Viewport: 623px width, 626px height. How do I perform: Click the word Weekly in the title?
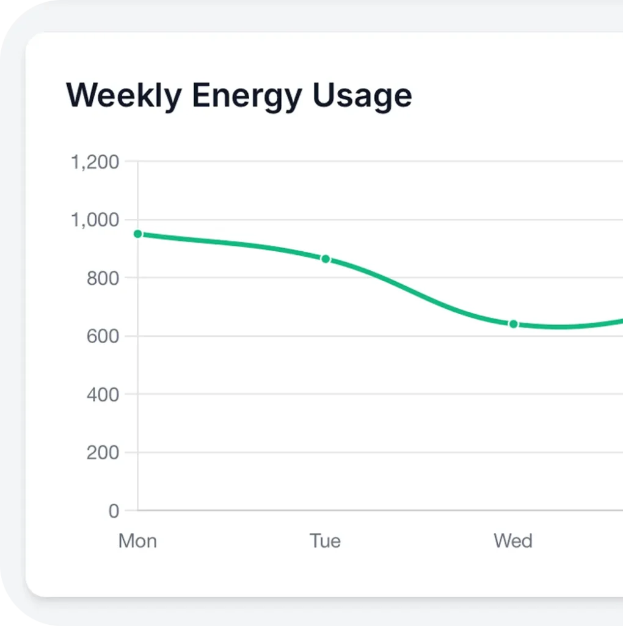[124, 96]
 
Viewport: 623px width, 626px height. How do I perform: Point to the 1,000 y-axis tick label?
[95, 220]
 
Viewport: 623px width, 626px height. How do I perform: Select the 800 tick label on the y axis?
[103, 278]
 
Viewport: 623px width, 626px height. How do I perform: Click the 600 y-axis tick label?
[103, 336]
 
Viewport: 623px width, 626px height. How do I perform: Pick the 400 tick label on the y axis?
[103, 394]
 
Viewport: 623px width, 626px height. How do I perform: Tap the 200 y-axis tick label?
[103, 452]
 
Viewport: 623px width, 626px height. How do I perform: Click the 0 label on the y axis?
[114, 511]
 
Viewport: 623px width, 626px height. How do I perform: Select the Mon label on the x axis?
[137, 541]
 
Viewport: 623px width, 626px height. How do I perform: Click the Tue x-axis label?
[325, 541]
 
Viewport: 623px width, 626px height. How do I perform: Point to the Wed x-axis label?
[513, 541]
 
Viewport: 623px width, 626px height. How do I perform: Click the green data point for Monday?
[138, 234]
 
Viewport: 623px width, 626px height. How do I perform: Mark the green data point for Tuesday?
[326, 259]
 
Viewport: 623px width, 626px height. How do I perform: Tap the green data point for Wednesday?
[514, 324]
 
